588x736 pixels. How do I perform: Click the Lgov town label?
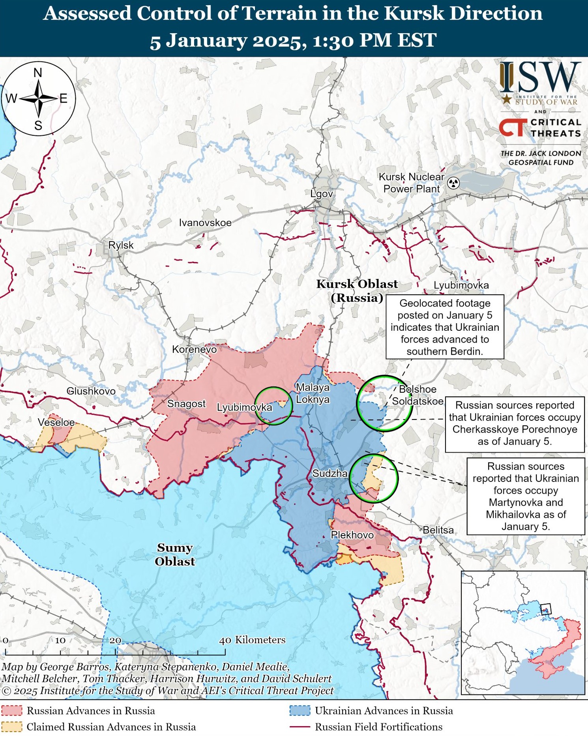pyautogui.click(x=322, y=194)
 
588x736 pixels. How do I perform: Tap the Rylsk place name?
pyautogui.click(x=121, y=245)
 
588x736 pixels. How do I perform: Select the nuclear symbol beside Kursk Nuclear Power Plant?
pyautogui.click(x=454, y=183)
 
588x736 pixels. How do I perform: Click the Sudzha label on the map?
pyautogui.click(x=330, y=473)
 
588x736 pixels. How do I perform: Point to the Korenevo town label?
pyautogui.click(x=194, y=349)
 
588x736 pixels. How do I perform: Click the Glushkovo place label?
pyautogui.click(x=91, y=391)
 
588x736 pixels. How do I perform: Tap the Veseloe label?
pyautogui.click(x=56, y=422)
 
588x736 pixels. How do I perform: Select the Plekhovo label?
pyautogui.click(x=352, y=535)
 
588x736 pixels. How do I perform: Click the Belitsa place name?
pyautogui.click(x=438, y=530)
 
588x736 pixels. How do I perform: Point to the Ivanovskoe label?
pyautogui.click(x=205, y=223)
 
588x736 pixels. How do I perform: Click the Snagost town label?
pyautogui.click(x=186, y=404)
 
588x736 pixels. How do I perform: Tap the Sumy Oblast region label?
pyautogui.click(x=175, y=554)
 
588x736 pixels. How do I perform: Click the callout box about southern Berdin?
pyautogui.click(x=445, y=327)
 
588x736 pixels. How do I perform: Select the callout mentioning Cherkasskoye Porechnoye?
pyautogui.click(x=515, y=423)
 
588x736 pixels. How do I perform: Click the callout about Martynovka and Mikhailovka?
pyautogui.click(x=526, y=496)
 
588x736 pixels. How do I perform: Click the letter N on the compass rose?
pyautogui.click(x=38, y=73)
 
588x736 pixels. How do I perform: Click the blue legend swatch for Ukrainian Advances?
pyautogui.click(x=300, y=711)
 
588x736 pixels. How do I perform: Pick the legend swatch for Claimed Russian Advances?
pyautogui.click(x=11, y=727)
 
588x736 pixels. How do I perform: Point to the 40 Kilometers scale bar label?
pyautogui.click(x=252, y=640)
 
